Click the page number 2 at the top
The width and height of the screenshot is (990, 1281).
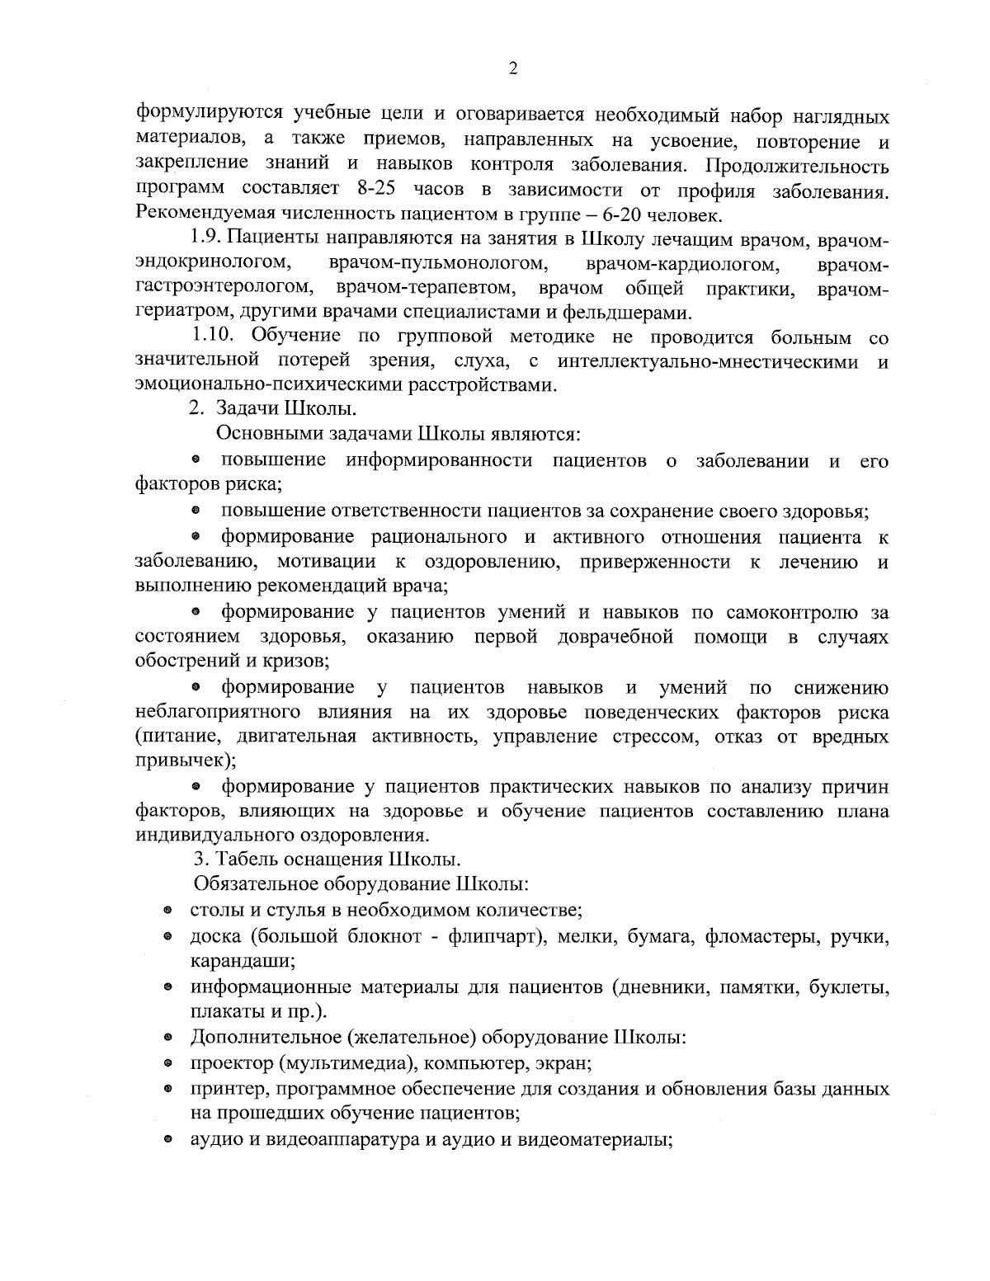click(513, 69)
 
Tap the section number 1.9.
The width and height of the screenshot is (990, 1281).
click(206, 239)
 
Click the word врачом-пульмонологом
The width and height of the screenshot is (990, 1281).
click(438, 264)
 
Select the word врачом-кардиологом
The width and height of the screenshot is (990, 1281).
click(681, 264)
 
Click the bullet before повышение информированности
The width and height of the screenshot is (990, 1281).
click(197, 459)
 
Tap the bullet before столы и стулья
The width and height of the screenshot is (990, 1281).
click(167, 911)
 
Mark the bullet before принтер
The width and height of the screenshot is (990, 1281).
click(167, 1089)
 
